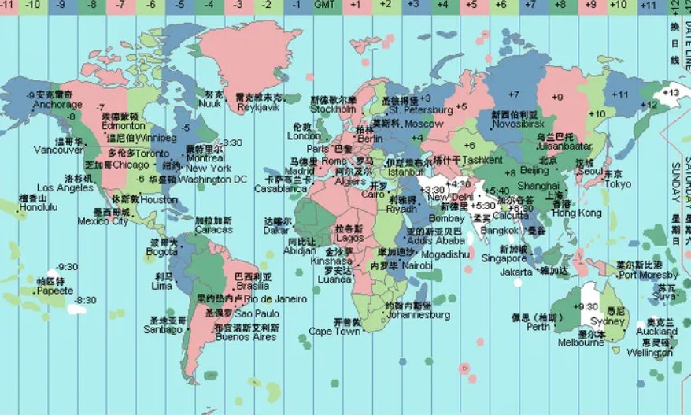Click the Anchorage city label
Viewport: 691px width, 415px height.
[x=57, y=103]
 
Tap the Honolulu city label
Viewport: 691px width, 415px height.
[x=39, y=207]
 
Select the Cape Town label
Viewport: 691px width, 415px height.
[x=334, y=332]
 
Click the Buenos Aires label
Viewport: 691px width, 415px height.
[x=246, y=337]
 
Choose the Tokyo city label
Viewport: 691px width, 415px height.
[x=618, y=184]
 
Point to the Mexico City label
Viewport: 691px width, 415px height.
[x=103, y=221]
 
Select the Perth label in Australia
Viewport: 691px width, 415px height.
[x=538, y=327]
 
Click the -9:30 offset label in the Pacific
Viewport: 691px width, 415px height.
[x=68, y=267]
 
